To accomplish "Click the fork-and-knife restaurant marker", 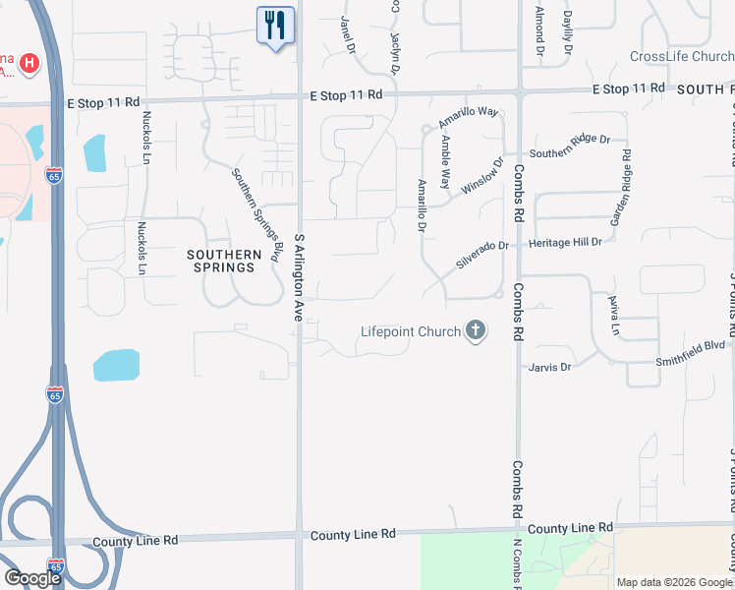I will (x=274, y=26).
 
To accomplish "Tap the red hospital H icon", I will (x=29, y=65).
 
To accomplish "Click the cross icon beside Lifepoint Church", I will (x=476, y=330).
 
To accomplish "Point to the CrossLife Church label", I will (x=682, y=57).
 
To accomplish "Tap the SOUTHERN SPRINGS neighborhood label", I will (x=225, y=261).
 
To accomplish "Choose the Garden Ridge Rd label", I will (x=620, y=188).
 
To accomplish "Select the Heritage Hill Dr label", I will (x=565, y=242).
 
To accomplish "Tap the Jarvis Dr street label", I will (x=550, y=368).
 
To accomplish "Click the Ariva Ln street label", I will (x=613, y=315).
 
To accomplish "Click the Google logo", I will (x=32, y=578).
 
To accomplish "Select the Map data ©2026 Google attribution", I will (x=674, y=582).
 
